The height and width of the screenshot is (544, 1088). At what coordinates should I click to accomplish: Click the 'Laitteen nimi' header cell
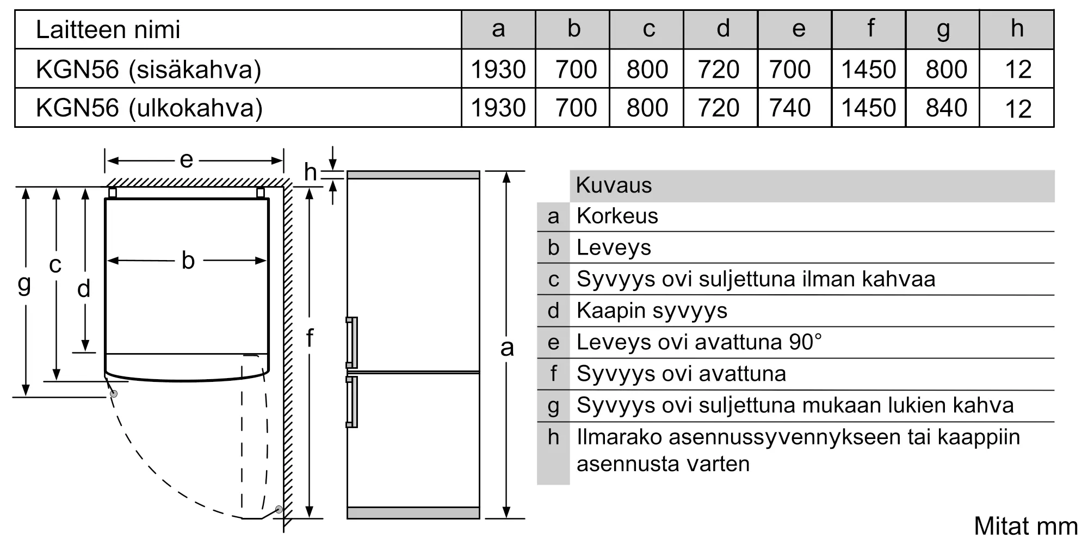108,29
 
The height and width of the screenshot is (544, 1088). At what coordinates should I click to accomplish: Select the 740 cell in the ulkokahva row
790,108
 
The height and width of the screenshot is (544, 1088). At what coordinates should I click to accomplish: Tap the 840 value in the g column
946,108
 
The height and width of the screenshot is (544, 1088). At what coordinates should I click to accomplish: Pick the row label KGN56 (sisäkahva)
148,69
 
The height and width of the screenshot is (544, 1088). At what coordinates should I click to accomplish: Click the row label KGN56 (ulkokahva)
149,108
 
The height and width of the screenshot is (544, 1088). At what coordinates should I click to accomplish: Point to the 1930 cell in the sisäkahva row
498,69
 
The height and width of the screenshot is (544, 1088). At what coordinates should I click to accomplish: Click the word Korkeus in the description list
617,216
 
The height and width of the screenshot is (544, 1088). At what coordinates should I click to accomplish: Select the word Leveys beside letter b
614,248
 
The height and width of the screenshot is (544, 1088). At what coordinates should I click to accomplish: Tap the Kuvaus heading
614,185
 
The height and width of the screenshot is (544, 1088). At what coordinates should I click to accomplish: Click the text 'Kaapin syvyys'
652,311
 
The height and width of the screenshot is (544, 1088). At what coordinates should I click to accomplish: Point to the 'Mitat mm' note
1025,526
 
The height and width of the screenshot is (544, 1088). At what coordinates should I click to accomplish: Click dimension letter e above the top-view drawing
186,160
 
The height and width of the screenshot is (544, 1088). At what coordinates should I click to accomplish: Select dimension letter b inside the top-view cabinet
188,261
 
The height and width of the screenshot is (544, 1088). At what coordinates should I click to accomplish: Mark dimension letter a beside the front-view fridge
506,347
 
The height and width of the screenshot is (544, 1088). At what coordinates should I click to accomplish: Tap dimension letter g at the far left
24,283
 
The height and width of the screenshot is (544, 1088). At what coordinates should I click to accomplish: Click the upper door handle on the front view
353,343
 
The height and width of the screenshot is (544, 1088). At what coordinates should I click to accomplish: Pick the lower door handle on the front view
353,401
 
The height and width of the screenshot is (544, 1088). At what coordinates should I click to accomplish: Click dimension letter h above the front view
310,172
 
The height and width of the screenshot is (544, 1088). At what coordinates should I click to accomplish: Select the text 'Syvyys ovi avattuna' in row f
681,374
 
